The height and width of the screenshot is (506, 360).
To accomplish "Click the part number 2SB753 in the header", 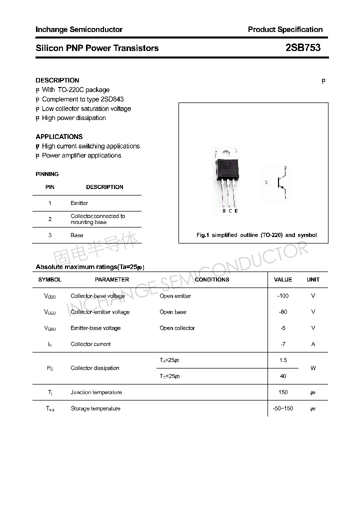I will tap(302, 48).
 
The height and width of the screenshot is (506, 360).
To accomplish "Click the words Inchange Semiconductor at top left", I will tap(79, 29).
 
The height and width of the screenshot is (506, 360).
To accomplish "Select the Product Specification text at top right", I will tap(285, 29).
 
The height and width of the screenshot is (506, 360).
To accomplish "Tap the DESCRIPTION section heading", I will tap(57, 80).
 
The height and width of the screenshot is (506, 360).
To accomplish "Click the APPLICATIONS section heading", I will tap(59, 136).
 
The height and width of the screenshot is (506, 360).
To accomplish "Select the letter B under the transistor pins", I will tap(224, 211).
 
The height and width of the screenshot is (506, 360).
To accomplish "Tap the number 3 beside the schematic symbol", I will tap(266, 183).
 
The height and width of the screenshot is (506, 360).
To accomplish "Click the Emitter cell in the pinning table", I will tap(79, 203).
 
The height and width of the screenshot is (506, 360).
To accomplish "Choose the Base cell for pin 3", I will tap(77, 235).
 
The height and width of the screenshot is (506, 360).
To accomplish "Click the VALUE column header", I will tap(283, 279).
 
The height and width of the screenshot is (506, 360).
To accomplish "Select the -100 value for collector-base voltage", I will tap(283, 296).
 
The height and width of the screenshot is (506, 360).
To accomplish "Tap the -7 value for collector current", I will tap(283, 344).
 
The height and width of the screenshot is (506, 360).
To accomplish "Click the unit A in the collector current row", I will tap(313, 344).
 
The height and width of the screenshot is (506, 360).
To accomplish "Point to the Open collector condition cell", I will tap(177, 328).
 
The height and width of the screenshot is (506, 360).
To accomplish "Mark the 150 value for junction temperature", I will tap(283, 392).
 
